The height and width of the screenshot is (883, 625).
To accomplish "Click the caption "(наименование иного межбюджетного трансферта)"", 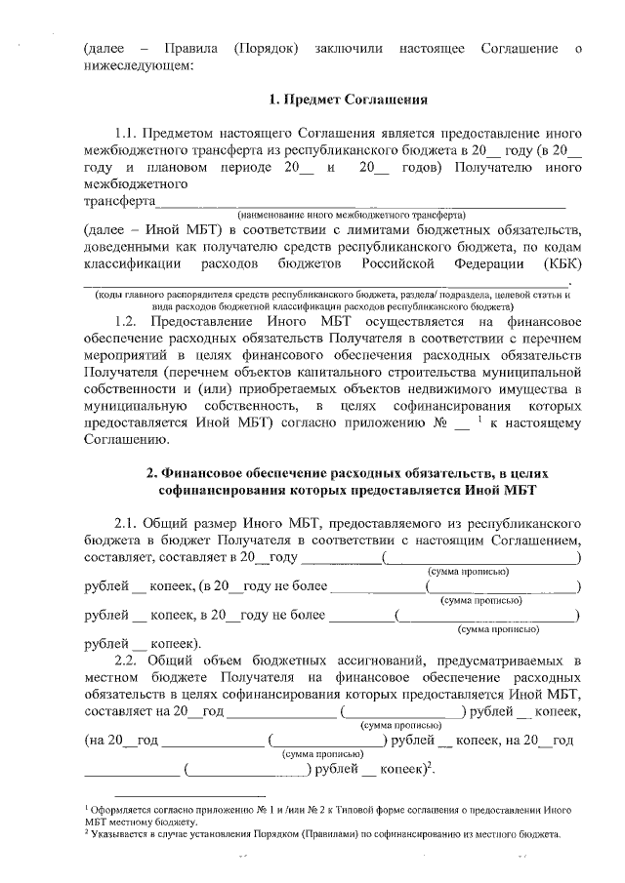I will (x=353, y=214).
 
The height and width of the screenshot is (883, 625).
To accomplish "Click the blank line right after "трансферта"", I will (x=361, y=202).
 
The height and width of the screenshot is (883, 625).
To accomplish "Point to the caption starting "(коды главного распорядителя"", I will (x=332, y=294).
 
